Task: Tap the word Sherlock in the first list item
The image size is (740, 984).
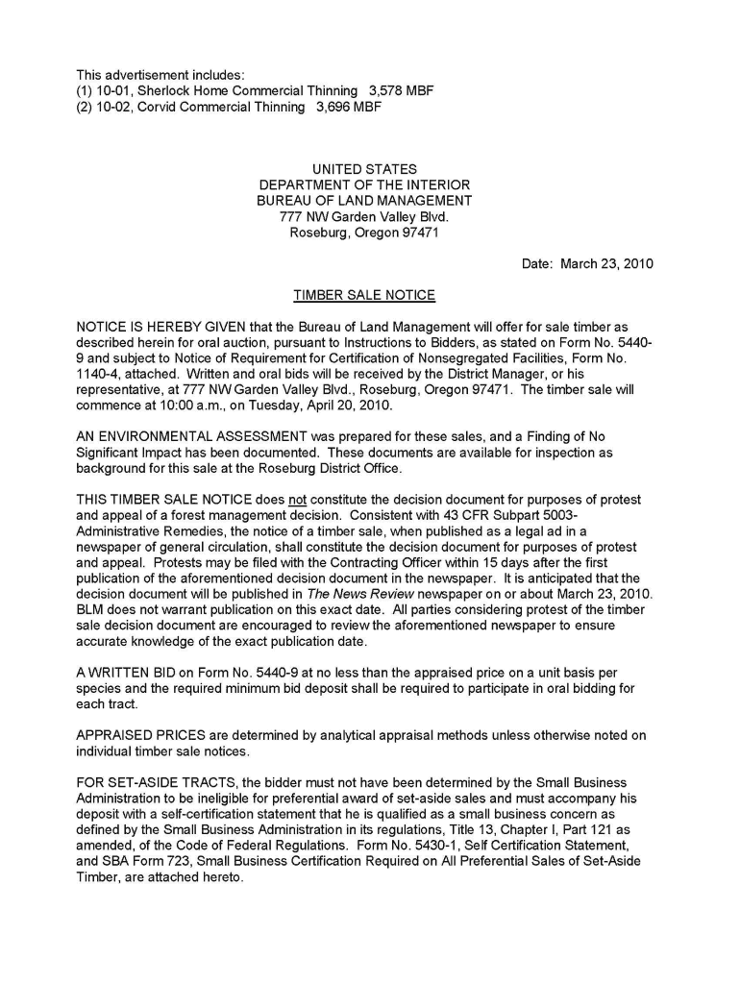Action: [x=165, y=91]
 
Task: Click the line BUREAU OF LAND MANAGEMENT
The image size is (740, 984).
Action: [x=364, y=201]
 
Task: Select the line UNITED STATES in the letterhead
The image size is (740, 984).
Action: [x=364, y=169]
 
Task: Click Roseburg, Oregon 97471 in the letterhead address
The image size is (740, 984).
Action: [x=364, y=233]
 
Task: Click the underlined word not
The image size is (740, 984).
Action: [x=297, y=500]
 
